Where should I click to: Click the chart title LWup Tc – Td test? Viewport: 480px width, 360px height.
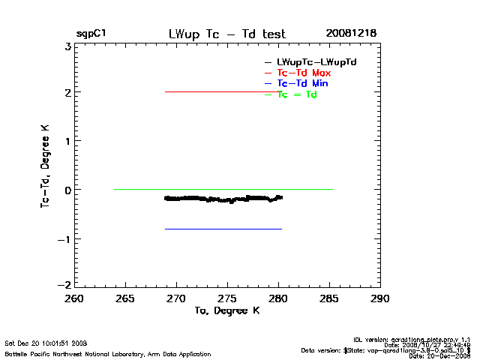227,34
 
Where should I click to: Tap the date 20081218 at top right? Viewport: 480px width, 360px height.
351,34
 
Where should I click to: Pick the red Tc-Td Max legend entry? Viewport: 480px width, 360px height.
304,73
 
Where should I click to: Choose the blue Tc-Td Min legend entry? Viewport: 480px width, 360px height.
302,83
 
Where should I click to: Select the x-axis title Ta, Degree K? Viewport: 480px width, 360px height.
226,310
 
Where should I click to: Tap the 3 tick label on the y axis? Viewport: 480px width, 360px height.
67,46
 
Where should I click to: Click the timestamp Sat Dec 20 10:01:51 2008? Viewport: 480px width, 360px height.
46,343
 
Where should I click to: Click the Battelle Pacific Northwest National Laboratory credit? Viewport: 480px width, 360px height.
107,353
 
